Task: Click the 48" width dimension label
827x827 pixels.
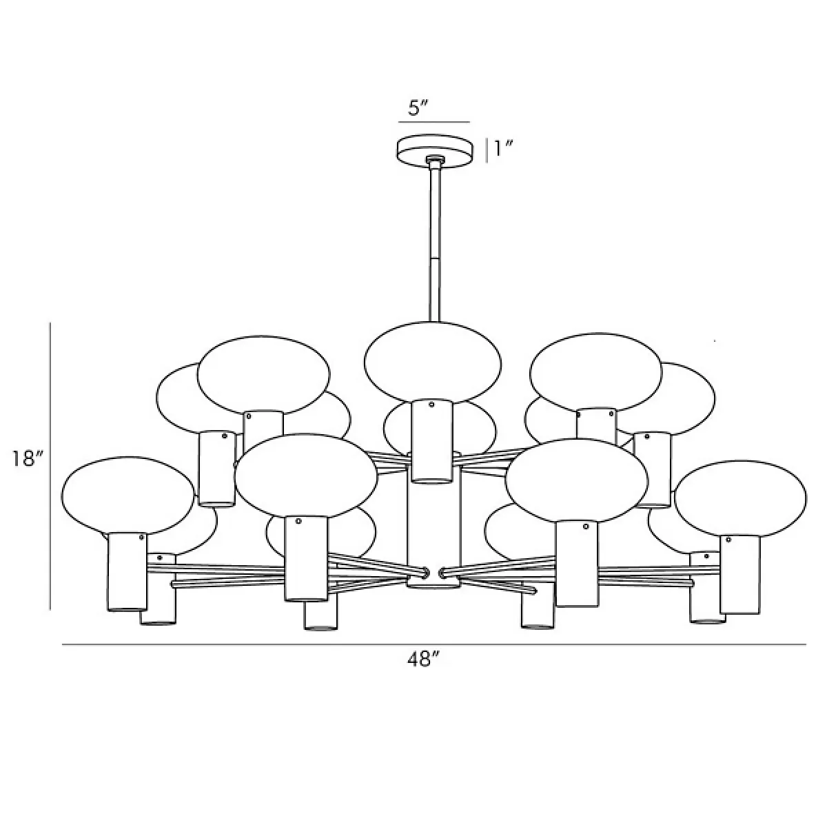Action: coord(424,660)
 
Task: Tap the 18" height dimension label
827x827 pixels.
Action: coord(28,459)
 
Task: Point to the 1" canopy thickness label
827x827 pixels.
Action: coord(503,149)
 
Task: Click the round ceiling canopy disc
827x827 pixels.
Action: coord(435,150)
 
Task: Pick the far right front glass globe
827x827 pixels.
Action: coord(740,499)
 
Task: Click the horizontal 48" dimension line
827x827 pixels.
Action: coord(434,644)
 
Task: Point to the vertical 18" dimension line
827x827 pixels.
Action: coord(50,466)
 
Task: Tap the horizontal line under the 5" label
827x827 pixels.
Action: coord(434,122)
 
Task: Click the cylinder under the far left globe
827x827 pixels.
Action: coord(127,571)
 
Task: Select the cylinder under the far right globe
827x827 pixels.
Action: coord(740,575)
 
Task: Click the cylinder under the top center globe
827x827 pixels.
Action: coord(431,442)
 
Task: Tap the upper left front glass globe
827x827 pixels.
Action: coord(263,375)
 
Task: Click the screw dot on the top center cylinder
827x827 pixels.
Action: coord(431,405)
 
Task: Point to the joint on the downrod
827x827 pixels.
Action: coord(435,258)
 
